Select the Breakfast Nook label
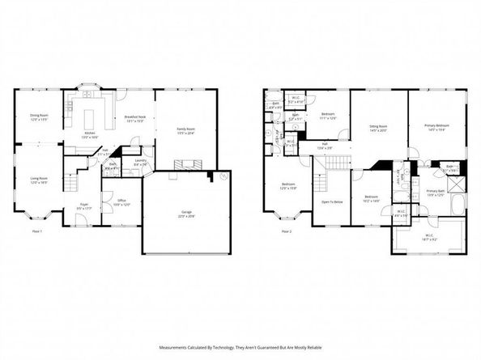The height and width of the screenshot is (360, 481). [x=135, y=118]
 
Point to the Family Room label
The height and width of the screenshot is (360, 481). [x=186, y=130]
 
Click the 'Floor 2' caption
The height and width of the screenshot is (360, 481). [x=285, y=231]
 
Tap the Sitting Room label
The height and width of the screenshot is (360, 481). [x=378, y=128]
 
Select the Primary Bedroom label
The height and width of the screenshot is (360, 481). [x=437, y=128]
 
